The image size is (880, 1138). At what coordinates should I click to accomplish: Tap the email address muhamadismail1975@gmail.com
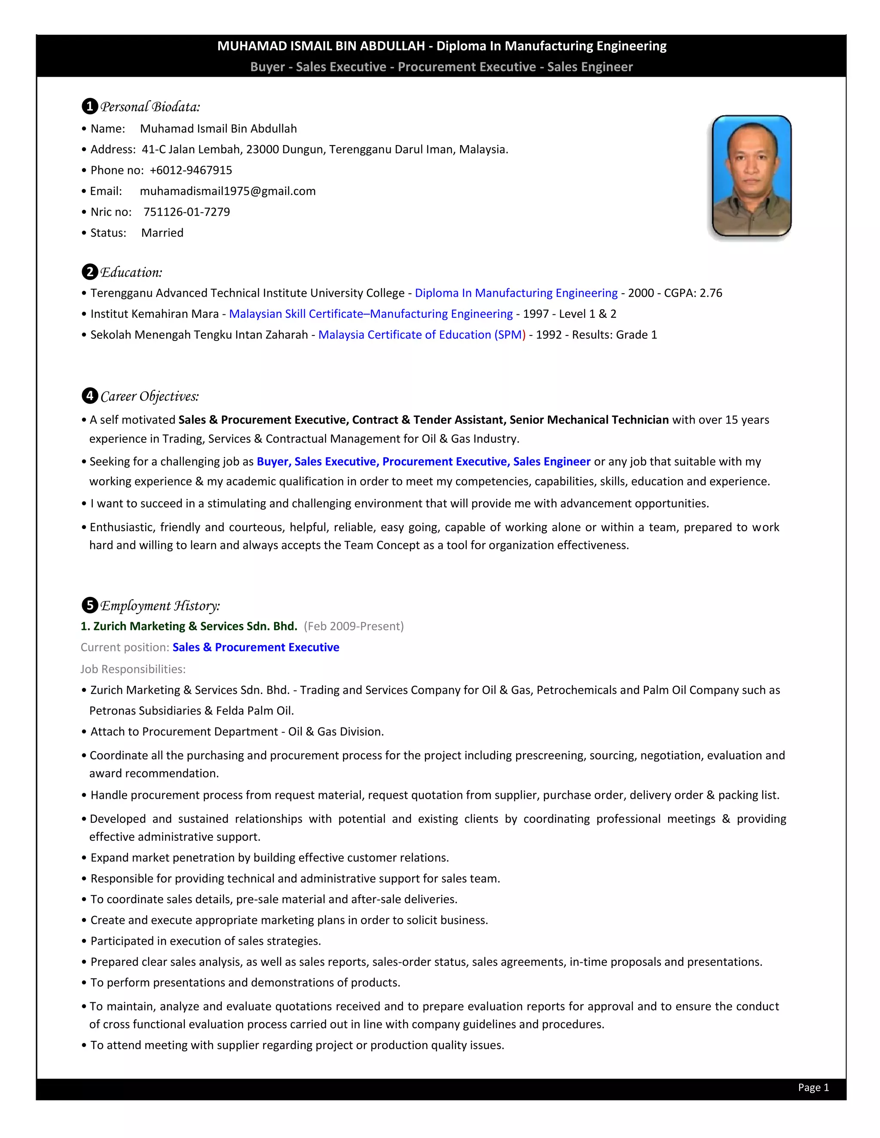(227, 191)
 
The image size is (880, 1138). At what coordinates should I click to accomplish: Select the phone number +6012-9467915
(191, 170)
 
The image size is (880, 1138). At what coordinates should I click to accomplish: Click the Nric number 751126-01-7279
(186, 212)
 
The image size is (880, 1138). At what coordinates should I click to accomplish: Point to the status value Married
(162, 233)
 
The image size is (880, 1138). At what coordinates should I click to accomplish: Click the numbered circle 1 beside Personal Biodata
(90, 107)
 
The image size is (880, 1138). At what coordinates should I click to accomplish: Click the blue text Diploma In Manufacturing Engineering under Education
(516, 293)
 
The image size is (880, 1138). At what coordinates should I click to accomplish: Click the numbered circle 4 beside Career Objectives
(90, 396)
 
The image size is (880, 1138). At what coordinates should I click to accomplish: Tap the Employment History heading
(159, 606)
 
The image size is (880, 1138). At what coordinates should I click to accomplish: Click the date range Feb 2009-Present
(354, 626)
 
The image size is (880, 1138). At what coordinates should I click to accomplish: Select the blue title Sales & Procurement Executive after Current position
(256, 648)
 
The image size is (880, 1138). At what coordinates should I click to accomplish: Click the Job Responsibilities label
(133, 669)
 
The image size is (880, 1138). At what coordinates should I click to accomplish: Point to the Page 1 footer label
(813, 1087)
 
